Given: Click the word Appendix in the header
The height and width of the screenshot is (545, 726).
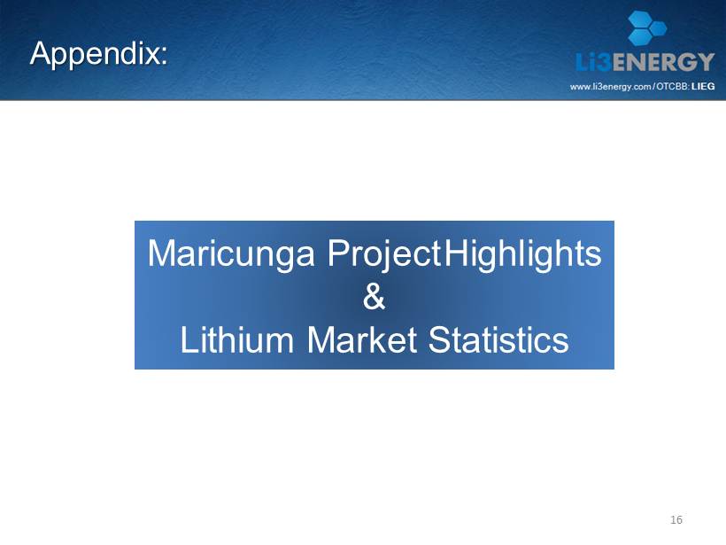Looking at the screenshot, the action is [x=95, y=55].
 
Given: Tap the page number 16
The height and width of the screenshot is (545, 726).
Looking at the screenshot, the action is [x=676, y=519].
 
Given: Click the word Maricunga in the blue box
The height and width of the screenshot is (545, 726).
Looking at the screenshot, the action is [x=231, y=254].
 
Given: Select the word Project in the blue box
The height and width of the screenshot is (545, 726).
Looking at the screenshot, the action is [x=384, y=254].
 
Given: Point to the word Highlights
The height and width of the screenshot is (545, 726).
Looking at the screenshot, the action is [x=522, y=254].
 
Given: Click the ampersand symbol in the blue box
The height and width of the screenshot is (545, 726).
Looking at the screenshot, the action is [x=374, y=297].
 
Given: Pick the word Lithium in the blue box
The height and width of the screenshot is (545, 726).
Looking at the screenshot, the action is [x=237, y=339].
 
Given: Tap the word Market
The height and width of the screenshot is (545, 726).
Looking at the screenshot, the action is [x=361, y=339].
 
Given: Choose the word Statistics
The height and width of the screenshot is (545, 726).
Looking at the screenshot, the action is [x=498, y=339].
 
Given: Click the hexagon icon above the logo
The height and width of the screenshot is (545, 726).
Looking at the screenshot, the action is [x=647, y=27].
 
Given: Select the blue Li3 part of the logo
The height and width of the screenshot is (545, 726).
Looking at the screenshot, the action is [x=593, y=62].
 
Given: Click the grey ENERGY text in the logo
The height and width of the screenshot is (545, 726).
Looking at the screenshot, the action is [x=663, y=62].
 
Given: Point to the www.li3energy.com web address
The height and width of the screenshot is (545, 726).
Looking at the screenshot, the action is [x=611, y=87].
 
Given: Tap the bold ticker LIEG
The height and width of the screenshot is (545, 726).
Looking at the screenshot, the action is [x=703, y=86].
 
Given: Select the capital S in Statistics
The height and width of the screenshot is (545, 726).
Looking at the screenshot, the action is [x=439, y=339].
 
